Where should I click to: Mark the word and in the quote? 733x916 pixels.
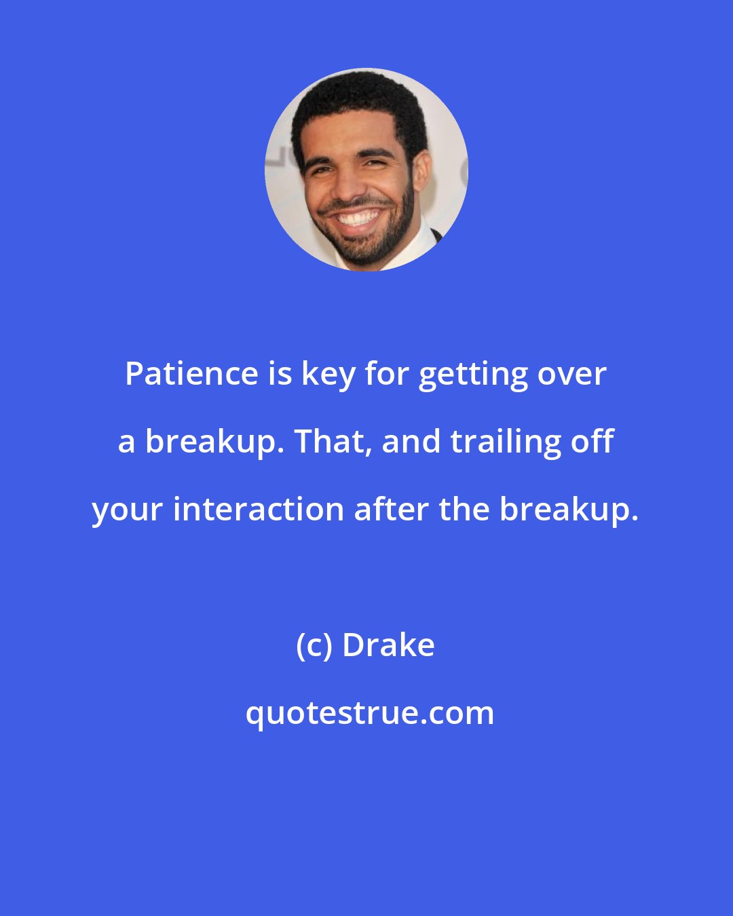click(x=411, y=442)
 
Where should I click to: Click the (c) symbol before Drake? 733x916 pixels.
click(x=314, y=645)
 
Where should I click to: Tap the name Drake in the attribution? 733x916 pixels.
click(x=388, y=645)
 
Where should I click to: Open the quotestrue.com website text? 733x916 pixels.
click(x=370, y=713)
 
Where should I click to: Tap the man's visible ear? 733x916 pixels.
click(x=421, y=170)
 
